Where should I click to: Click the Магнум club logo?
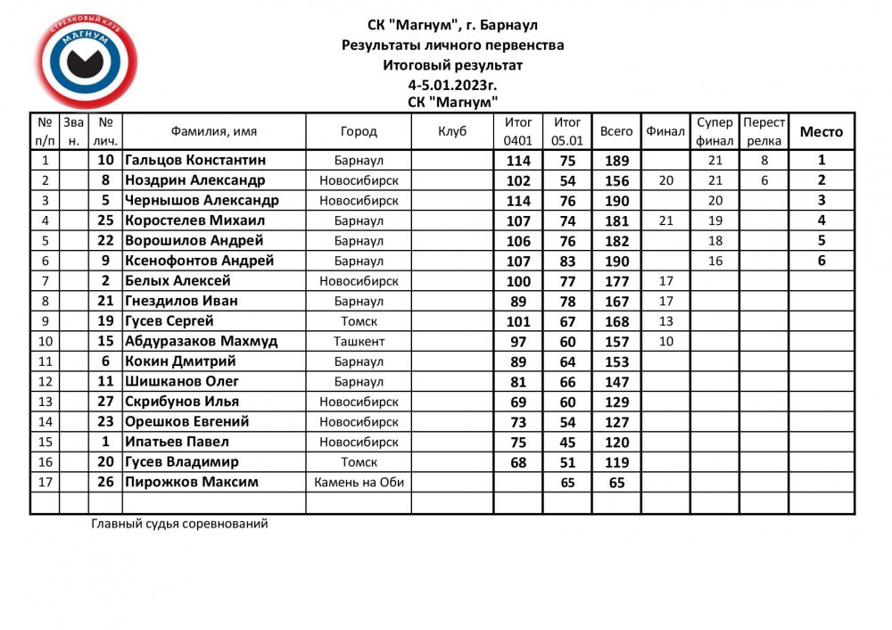[x=87, y=64]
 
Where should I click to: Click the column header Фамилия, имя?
[x=214, y=131]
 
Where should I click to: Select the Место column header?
[x=821, y=131]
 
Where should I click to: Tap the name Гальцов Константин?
[x=195, y=161]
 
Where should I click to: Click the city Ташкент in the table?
[x=359, y=341]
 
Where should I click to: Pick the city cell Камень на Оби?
[x=359, y=482]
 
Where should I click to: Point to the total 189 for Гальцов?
[x=616, y=161]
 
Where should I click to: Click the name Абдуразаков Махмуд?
[x=202, y=341]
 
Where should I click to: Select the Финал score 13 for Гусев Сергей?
[x=665, y=321]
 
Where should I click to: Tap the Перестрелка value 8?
[x=764, y=161]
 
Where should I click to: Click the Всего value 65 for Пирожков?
[x=616, y=483]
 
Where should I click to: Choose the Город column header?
[x=359, y=131]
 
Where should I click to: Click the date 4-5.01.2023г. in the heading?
[x=452, y=85]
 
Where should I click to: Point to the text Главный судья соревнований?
[x=179, y=524]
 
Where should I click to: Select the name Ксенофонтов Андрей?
[x=199, y=261]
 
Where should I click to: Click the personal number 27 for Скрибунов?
[x=105, y=402]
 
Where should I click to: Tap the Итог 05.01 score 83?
[x=567, y=261]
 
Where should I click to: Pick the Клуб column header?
[x=452, y=131]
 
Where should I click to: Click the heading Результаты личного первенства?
[x=452, y=45]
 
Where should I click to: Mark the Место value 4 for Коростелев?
[x=821, y=220]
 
